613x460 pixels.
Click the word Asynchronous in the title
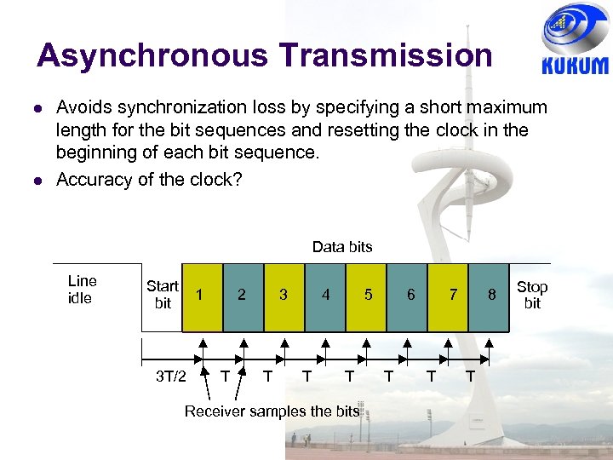click(152, 55)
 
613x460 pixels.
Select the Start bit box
click(162, 295)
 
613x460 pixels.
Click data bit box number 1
click(201, 295)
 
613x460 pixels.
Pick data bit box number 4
click(325, 295)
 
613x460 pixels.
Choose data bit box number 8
click(490, 295)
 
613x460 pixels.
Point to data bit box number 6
click(410, 295)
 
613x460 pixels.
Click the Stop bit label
click(532, 295)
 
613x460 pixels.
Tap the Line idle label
click(82, 289)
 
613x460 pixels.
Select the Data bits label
click(342, 247)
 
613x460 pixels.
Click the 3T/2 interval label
click(171, 376)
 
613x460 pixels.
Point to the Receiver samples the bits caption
click(272, 411)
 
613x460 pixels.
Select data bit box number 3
click(284, 295)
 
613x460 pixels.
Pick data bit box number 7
click(452, 295)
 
